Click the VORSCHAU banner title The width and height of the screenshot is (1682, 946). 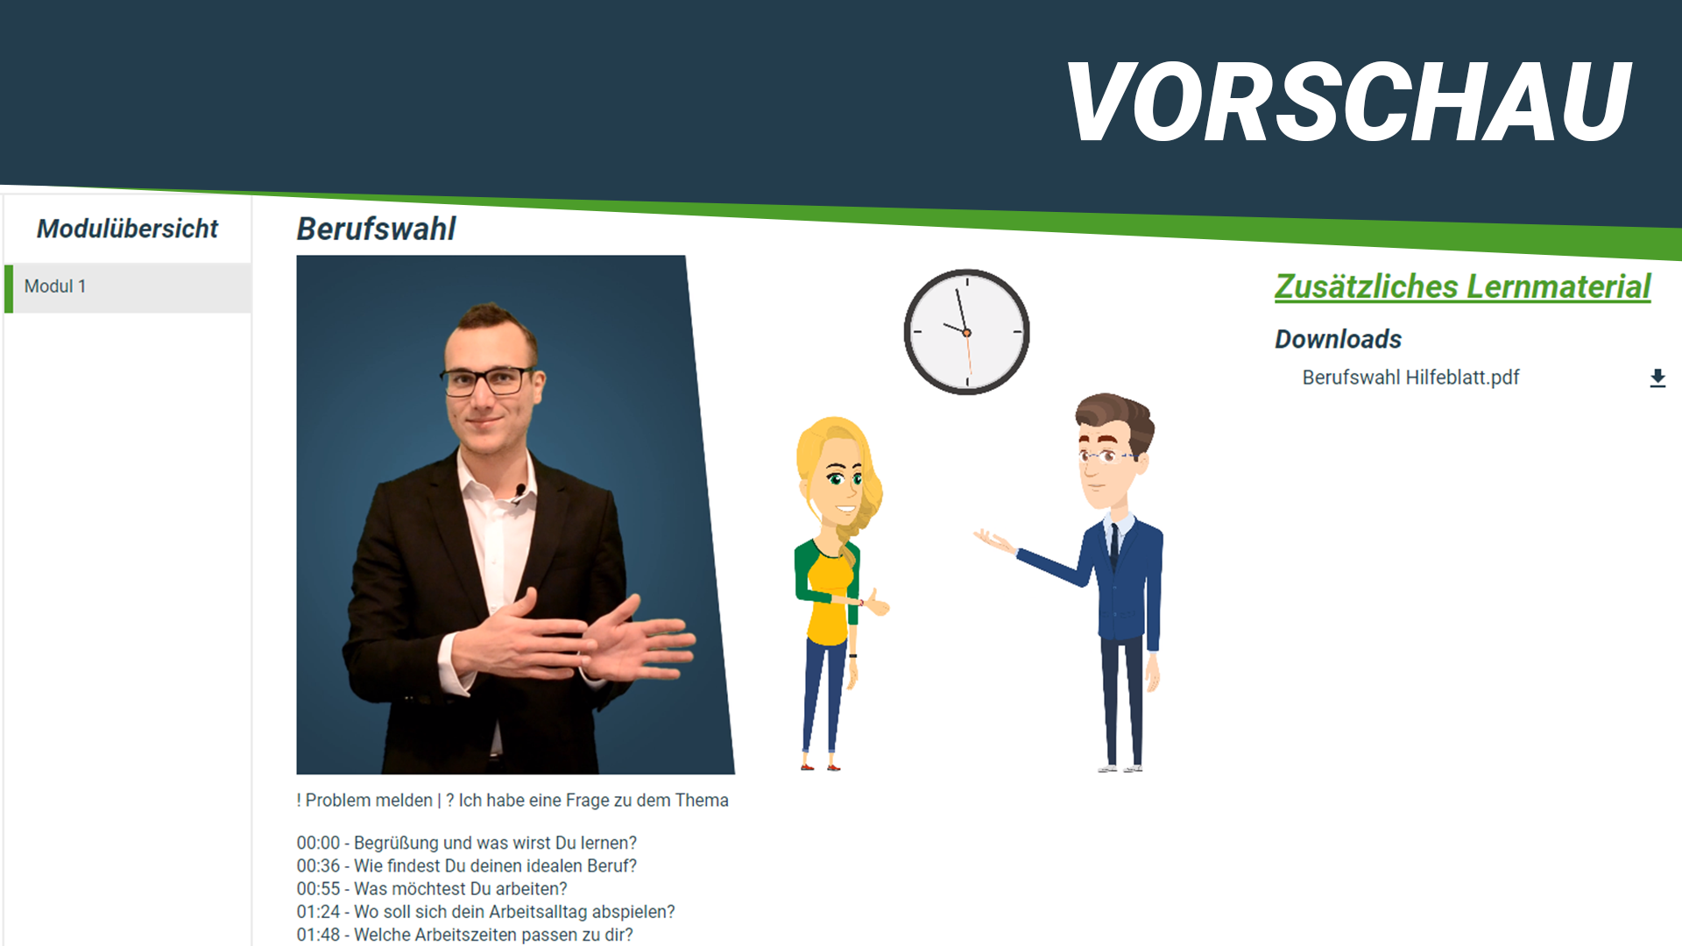tap(1348, 102)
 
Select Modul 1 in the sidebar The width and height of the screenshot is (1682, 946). tap(55, 286)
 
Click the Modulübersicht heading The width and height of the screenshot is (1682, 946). tap(127, 229)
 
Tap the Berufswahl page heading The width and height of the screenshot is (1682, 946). tap(376, 229)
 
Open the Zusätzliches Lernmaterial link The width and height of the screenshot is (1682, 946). tap(1462, 286)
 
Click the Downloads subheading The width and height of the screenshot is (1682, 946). tap(1338, 339)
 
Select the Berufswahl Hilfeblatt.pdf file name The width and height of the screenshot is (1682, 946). tap(1410, 378)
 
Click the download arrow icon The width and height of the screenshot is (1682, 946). tap(1657, 378)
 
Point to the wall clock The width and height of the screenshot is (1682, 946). tap(966, 332)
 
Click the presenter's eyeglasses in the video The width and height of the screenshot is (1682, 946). tap(487, 380)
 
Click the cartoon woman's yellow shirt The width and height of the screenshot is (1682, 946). tap(829, 597)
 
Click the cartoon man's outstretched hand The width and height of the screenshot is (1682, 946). tap(993, 540)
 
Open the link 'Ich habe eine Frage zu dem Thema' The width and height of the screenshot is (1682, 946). tap(593, 801)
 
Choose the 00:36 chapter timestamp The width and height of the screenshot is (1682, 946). tap(318, 866)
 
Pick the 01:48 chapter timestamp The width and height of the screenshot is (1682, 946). tap(318, 935)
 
